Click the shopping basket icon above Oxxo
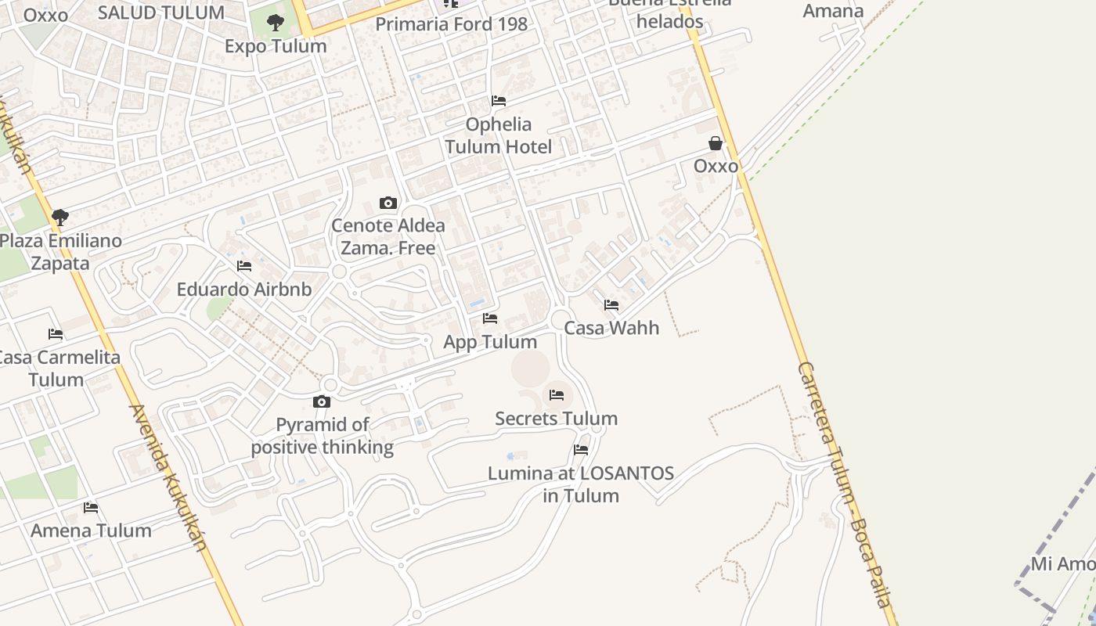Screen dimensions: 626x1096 click(715, 143)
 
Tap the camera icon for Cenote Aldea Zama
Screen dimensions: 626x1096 click(388, 203)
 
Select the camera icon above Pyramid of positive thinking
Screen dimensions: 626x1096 click(322, 402)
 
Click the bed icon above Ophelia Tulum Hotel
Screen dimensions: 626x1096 click(498, 101)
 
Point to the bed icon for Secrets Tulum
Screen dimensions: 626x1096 click(557, 395)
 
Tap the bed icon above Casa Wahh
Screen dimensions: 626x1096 click(611, 305)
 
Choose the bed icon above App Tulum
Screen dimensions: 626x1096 click(490, 318)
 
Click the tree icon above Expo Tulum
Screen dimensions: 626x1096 click(275, 23)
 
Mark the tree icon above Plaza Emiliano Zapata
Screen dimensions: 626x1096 click(60, 217)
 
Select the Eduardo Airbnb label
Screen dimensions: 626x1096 click(244, 290)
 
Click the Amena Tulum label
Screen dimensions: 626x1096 click(91, 531)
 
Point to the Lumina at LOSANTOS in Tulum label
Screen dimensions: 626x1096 click(581, 484)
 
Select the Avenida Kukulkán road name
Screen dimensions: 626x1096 click(168, 477)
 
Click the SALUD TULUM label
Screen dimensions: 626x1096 click(161, 13)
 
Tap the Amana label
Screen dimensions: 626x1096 click(833, 11)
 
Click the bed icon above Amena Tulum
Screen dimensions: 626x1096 click(91, 508)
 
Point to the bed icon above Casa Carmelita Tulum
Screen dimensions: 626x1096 click(56, 334)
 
